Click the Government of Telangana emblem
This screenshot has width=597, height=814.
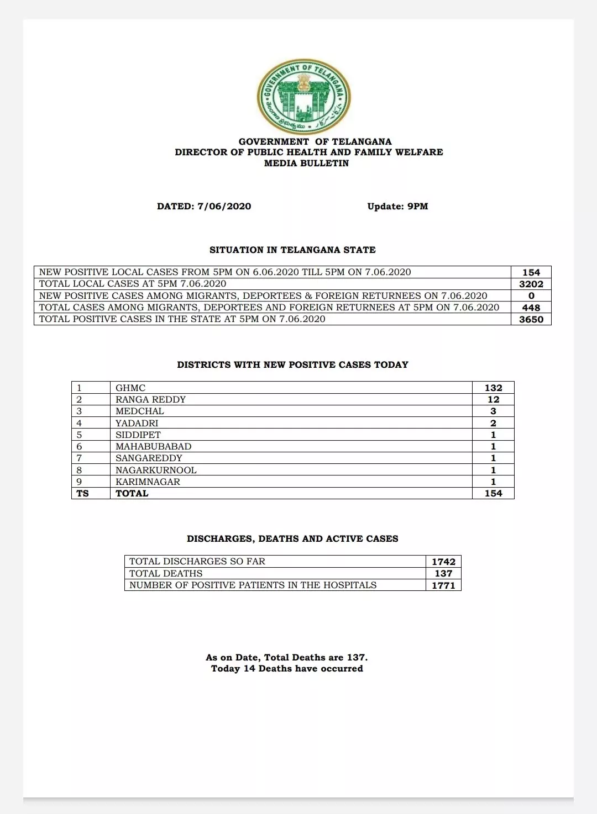click(x=303, y=96)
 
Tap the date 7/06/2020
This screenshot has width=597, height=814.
click(x=224, y=207)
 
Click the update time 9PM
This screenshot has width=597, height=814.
click(x=417, y=207)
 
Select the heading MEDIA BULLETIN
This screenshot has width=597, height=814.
click(x=306, y=163)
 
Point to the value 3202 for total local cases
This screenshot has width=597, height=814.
click(x=531, y=284)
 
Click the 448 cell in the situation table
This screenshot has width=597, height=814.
click(x=531, y=308)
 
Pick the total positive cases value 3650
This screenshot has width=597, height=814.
click(x=531, y=319)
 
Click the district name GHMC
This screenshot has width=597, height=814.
click(x=130, y=388)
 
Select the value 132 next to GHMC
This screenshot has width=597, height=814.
click(x=493, y=388)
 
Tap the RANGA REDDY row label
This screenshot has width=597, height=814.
click(x=150, y=400)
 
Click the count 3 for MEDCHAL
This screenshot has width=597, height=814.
click(x=493, y=411)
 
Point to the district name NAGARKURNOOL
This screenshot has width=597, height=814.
click(x=156, y=471)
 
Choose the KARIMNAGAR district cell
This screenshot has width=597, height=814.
click(x=148, y=482)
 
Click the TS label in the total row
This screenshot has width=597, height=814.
click(x=82, y=494)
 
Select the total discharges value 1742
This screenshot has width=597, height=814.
click(x=443, y=562)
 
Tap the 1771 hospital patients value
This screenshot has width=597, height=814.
click(x=443, y=585)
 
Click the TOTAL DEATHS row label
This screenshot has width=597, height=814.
click(x=166, y=574)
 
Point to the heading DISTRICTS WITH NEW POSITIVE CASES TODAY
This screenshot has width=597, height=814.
click(x=292, y=365)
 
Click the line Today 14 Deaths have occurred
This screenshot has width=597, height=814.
click(x=287, y=669)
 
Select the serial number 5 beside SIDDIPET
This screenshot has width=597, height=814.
click(x=79, y=435)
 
